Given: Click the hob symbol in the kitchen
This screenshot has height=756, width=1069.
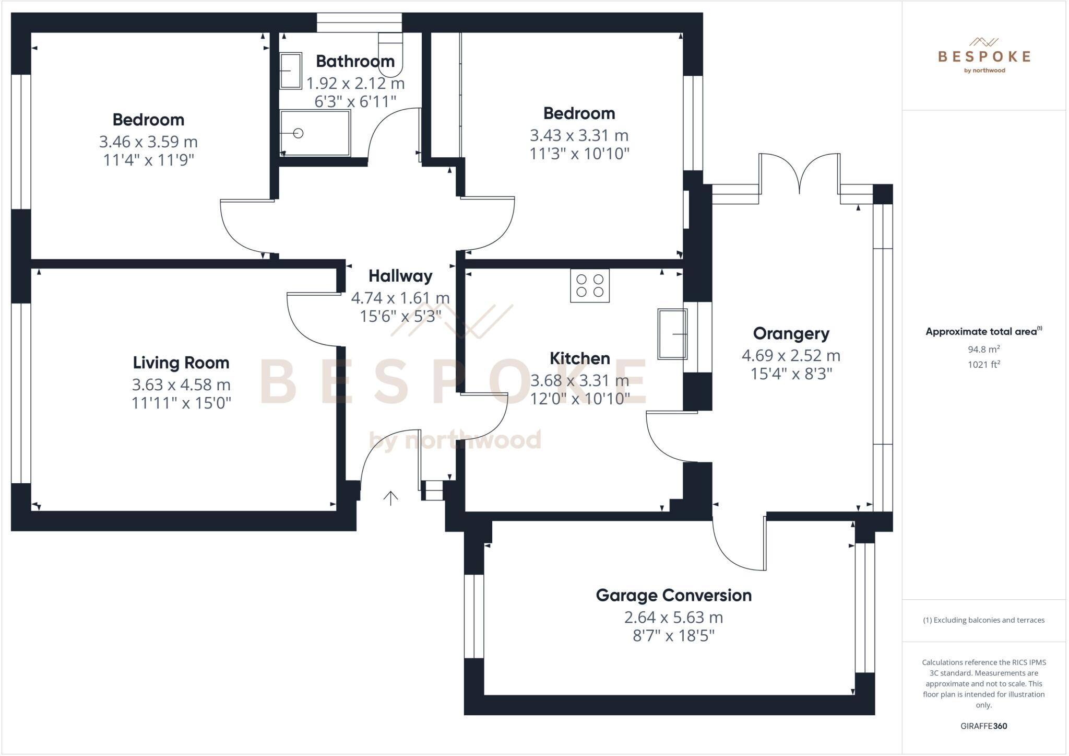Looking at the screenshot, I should pyautogui.click(x=589, y=285).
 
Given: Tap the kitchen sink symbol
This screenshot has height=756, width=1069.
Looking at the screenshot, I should pyautogui.click(x=672, y=334).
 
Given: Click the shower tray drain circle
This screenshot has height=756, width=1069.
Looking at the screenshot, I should pyautogui.click(x=298, y=133).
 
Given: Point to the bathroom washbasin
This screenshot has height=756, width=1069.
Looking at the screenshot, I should pyautogui.click(x=291, y=71).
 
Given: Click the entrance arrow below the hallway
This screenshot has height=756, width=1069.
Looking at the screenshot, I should pyautogui.click(x=390, y=498).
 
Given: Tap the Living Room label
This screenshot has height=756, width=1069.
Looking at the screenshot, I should pyautogui.click(x=181, y=363).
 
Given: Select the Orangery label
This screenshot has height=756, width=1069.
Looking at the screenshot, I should pyautogui.click(x=791, y=333).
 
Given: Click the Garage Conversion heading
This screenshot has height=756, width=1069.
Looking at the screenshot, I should pyautogui.click(x=673, y=595).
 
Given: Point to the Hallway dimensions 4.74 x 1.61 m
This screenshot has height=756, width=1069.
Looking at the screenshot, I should pyautogui.click(x=400, y=298).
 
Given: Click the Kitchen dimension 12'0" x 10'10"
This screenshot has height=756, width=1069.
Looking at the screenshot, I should pyautogui.click(x=580, y=399).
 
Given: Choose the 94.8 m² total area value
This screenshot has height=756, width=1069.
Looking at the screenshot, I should pyautogui.click(x=983, y=349).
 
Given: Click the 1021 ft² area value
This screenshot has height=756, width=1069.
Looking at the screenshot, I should pyautogui.click(x=983, y=364).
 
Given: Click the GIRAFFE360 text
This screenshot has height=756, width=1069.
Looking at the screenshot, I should pyautogui.click(x=983, y=726).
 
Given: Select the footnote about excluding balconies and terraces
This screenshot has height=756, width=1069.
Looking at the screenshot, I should pyautogui.click(x=983, y=620).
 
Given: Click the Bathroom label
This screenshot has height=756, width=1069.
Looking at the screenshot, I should pyautogui.click(x=355, y=61).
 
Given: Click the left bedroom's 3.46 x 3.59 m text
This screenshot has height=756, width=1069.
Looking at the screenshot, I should pyautogui.click(x=148, y=142).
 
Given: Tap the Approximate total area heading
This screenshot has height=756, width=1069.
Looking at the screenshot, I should pyautogui.click(x=983, y=331).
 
